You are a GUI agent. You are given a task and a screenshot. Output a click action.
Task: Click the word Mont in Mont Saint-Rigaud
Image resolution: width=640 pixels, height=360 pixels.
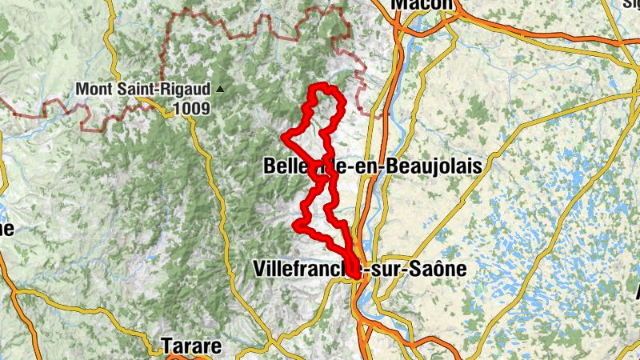point(92,90)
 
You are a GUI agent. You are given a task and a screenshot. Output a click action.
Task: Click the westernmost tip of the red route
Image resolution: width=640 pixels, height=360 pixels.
point(284,137)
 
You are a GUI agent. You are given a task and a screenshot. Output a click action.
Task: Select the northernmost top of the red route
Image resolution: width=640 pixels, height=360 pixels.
point(322,86)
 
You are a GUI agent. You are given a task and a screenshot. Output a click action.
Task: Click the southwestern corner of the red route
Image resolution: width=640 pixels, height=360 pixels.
point(297,225)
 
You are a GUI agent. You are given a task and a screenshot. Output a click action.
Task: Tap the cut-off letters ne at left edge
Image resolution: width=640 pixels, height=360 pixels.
point(6,229)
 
